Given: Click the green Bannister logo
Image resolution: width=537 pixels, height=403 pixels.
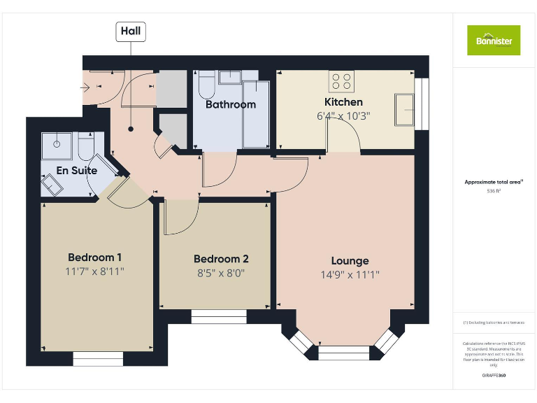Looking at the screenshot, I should click(x=494, y=40).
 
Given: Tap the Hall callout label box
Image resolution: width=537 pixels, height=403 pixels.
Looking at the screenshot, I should click(x=130, y=31).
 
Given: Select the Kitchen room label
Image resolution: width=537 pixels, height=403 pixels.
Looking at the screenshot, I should click(x=343, y=102).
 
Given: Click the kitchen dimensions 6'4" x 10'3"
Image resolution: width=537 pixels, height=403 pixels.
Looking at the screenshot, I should click(x=343, y=116).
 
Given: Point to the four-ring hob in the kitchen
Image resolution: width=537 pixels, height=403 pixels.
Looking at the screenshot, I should click(x=342, y=82).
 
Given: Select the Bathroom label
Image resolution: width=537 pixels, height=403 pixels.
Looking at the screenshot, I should click(x=230, y=104).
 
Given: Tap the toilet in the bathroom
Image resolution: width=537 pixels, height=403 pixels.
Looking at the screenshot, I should click(x=206, y=86).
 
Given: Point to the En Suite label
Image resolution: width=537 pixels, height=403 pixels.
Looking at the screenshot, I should click(x=77, y=170).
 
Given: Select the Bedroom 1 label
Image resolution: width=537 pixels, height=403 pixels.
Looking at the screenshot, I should click(x=96, y=256).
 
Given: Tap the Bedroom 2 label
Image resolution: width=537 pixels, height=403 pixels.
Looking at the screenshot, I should click(x=220, y=259).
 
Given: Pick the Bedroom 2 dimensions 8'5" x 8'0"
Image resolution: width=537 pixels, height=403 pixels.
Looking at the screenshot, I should click(x=220, y=273).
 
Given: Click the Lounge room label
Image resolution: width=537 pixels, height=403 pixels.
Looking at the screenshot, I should click(x=350, y=261).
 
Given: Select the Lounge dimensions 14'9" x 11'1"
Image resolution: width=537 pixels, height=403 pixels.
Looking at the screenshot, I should click(x=350, y=275).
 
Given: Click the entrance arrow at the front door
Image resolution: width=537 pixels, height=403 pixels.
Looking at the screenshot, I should click(x=88, y=87).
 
